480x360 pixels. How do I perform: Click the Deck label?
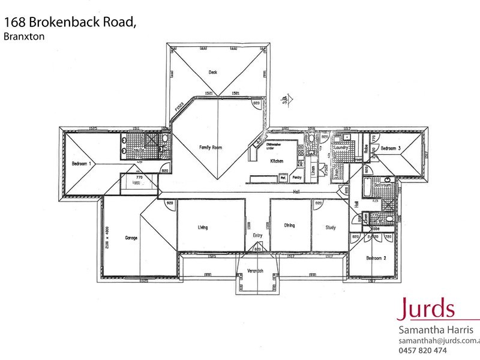click(x=212, y=72)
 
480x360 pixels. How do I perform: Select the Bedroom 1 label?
click(x=81, y=163)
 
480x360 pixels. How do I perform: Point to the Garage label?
click(x=131, y=238)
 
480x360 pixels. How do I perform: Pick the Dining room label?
click(x=289, y=226)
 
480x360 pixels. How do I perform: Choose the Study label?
click(x=330, y=227)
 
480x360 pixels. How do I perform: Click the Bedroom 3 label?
click(x=390, y=148)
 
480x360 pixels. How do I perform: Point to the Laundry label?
click(x=341, y=146)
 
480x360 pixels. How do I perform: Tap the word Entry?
click(x=257, y=235)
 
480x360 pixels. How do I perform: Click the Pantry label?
click(x=296, y=178)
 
